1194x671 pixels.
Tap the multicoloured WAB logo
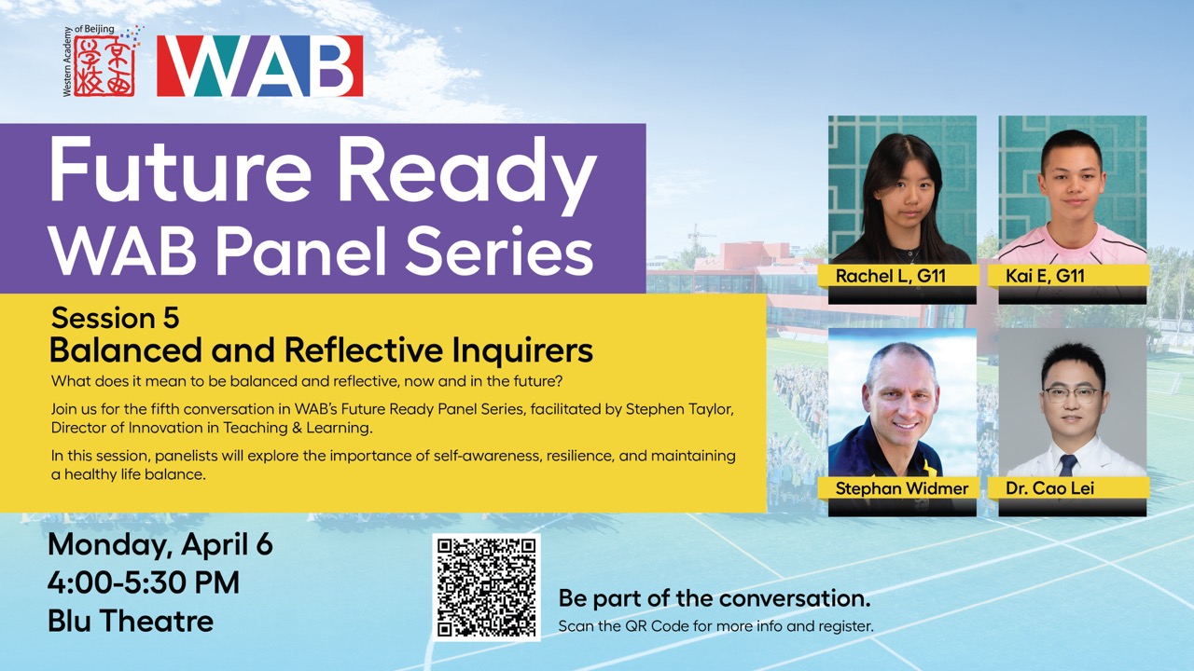260,66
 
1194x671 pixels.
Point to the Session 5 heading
115,318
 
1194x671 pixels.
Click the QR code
486,587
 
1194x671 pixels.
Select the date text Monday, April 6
160,545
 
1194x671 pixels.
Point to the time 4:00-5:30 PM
144,582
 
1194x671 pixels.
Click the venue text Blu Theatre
131,621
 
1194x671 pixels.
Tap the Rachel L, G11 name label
891,276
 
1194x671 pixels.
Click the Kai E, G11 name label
1046,276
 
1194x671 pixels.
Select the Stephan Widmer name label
902,488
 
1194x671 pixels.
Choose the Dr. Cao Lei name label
1050,488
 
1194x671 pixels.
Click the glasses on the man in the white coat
1073,394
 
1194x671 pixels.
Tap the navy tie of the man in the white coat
1068,465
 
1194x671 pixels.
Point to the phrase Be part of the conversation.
715,598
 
